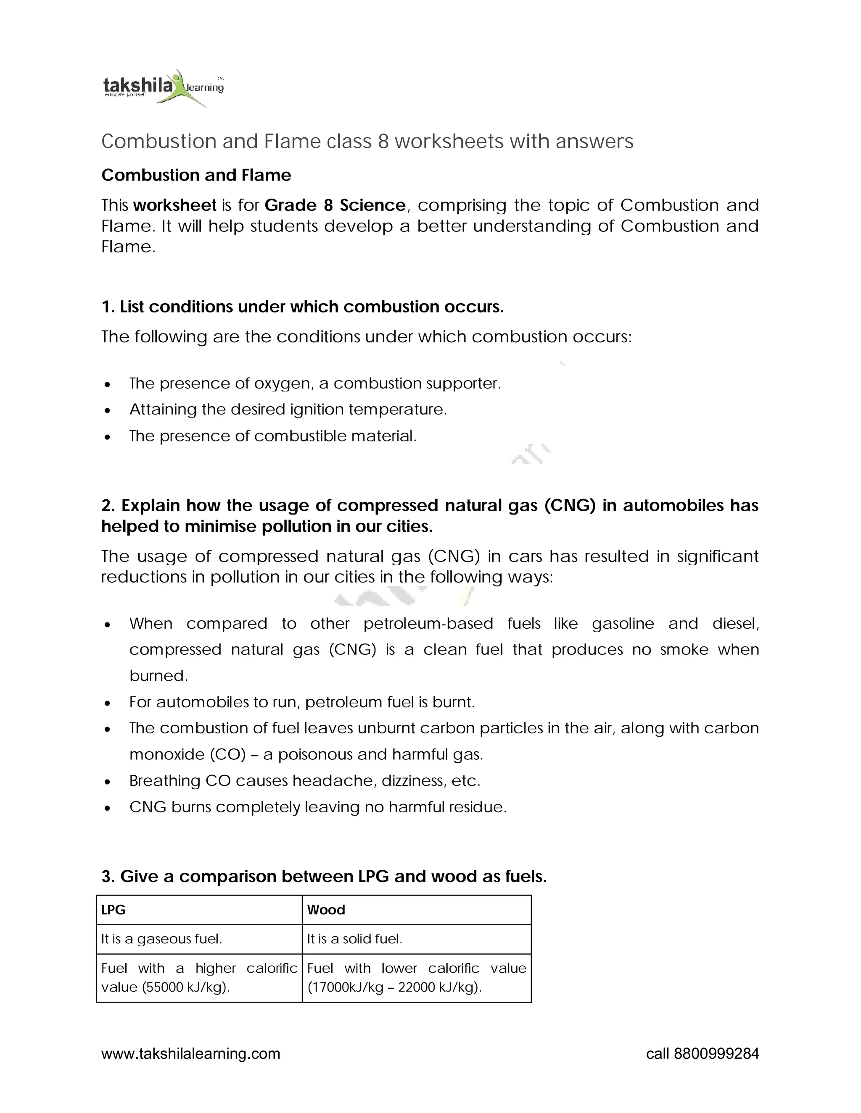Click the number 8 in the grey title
[x=383, y=141]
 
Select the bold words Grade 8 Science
[x=335, y=205]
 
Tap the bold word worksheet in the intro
[x=174, y=205]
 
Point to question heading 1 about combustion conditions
[x=302, y=307]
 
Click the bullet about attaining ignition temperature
[x=288, y=409]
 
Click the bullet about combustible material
[x=273, y=436]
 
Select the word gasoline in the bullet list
[x=623, y=623]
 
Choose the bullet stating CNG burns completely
[x=317, y=807]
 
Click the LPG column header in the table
[x=113, y=910]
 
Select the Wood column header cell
[x=326, y=910]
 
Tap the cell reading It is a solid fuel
[x=354, y=939]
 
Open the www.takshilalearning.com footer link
[x=191, y=1053]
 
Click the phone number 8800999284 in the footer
[x=716, y=1053]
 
